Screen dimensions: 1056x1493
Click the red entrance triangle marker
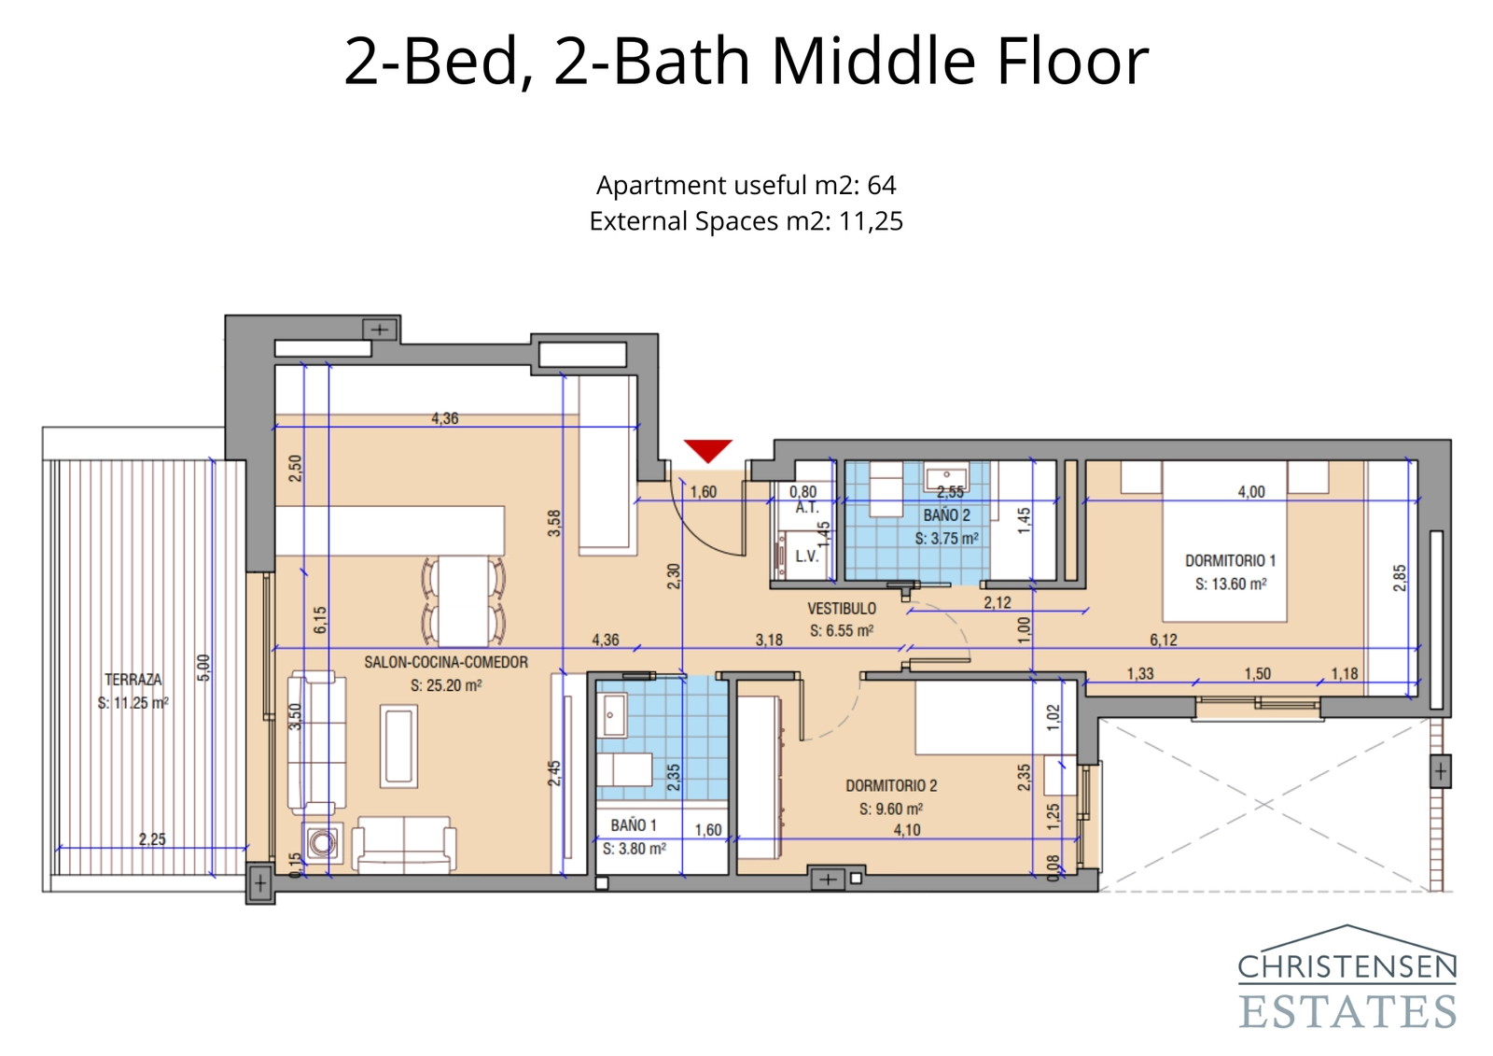coord(707,449)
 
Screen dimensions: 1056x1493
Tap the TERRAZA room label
coord(133,680)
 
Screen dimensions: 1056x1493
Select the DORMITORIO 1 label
coord(1230,560)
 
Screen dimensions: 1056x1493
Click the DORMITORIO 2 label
coord(891,786)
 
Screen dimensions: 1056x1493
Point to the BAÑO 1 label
coord(634,825)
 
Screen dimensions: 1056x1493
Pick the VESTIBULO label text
coord(842,608)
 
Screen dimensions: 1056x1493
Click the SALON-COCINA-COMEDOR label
coord(446,662)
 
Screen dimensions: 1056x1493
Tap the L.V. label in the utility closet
coord(806,556)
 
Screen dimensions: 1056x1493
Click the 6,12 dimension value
coord(1163,640)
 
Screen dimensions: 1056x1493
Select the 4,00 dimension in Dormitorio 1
coord(1251,492)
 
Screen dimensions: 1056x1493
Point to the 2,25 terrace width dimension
coord(152,839)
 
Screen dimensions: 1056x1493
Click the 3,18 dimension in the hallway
coord(769,640)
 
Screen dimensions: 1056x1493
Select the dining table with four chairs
coord(464,600)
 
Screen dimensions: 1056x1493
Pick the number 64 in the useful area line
coord(881,185)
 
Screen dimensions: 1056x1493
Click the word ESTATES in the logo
coord(1347,1012)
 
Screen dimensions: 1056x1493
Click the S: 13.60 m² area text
coord(1230,584)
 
